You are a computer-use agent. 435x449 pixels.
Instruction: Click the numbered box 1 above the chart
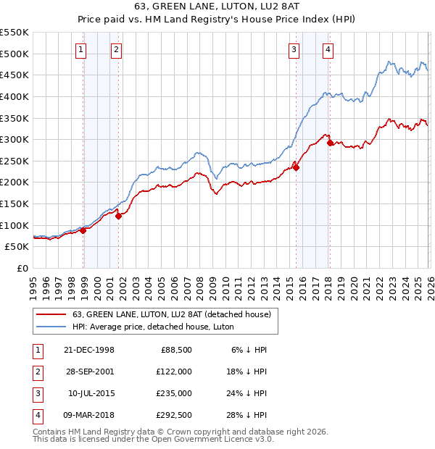[80, 50]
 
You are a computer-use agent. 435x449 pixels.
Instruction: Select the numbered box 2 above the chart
[116, 50]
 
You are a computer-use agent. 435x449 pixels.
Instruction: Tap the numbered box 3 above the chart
[294, 50]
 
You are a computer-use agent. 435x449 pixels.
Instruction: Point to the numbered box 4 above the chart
[328, 50]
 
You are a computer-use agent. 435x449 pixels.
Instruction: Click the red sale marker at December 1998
[83, 230]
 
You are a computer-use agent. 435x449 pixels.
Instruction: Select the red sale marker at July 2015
[296, 167]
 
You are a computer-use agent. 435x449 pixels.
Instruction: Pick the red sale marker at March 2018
[330, 143]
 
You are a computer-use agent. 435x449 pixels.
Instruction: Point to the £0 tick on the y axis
[23, 268]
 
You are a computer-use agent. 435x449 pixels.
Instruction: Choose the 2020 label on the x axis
[353, 285]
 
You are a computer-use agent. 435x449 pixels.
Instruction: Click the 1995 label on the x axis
[33, 285]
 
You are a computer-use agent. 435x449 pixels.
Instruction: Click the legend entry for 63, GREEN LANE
[171, 314]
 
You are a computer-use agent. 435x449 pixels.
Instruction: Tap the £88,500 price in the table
[176, 350]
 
